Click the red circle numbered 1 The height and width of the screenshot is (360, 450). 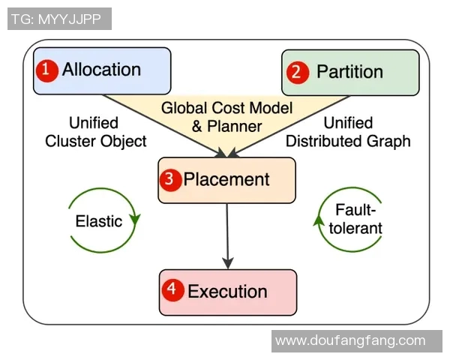point(47,70)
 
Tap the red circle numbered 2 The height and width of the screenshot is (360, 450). point(298,72)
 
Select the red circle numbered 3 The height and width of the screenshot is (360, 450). point(171,180)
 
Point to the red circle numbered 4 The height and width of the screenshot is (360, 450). point(172,291)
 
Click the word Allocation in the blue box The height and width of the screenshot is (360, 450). point(101,70)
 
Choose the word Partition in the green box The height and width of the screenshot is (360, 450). point(349,72)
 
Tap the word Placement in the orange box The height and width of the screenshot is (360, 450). point(226,180)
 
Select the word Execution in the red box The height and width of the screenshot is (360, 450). point(227,291)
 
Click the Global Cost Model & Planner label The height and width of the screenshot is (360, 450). point(226,116)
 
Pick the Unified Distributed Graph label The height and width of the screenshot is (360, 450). point(348,132)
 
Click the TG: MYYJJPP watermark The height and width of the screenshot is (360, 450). point(58,19)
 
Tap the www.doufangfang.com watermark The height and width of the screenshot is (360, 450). point(350,341)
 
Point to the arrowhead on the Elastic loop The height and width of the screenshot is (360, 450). point(136,220)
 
